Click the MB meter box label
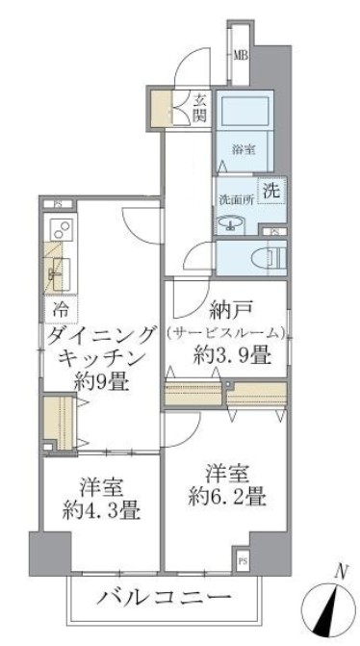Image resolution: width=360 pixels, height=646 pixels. [241, 54]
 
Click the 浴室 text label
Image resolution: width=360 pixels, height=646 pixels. [244, 149]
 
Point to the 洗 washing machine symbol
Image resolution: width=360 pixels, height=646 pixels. [273, 191]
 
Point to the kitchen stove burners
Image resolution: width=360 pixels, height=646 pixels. [60, 232]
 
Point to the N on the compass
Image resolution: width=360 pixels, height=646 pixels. [339, 571]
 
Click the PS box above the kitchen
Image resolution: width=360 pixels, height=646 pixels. [58, 204]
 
